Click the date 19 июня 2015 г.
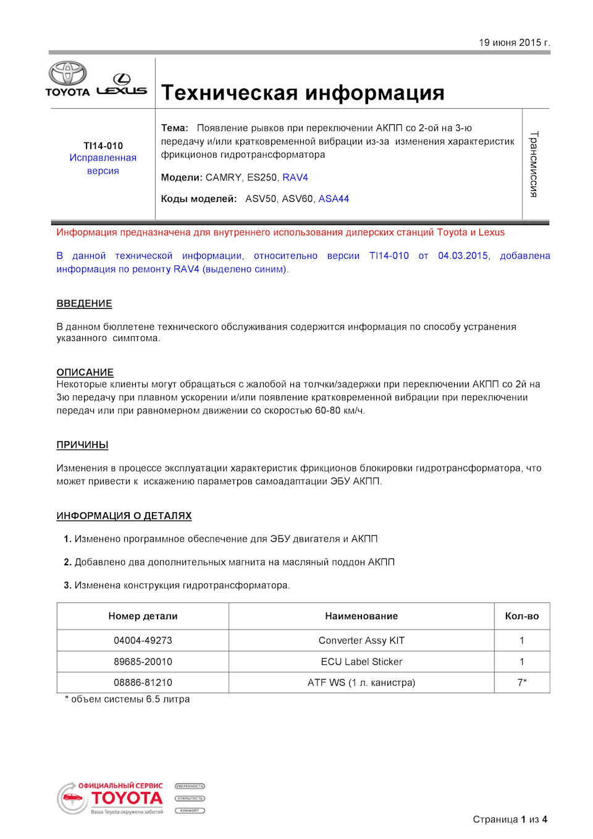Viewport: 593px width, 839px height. pos(514,43)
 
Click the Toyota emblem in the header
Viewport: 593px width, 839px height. pos(68,74)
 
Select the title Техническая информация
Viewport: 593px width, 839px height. pos(303,93)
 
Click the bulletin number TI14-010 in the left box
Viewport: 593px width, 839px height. pos(103,146)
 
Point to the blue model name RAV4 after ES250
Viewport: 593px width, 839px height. pos(295,177)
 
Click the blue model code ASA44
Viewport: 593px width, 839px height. pos(334,199)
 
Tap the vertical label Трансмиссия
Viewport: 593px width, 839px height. pos(534,164)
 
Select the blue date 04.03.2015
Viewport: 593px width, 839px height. pos(464,256)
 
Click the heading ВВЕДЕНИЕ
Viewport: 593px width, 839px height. pos(84,304)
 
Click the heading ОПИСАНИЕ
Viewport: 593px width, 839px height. pos(85,373)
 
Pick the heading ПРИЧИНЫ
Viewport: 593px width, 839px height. pos(82,445)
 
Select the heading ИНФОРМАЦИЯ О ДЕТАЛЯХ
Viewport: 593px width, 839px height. pos(124,516)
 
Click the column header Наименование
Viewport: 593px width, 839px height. pos(361,616)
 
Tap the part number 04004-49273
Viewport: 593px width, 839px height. pos(143,641)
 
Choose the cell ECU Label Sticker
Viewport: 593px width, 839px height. pos(361,662)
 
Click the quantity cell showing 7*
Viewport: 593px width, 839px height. pos(522,683)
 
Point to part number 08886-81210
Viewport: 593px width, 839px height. pos(143,683)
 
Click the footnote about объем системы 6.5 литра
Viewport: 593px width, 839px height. pos(128,699)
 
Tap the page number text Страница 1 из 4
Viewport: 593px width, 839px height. pos(510,819)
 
